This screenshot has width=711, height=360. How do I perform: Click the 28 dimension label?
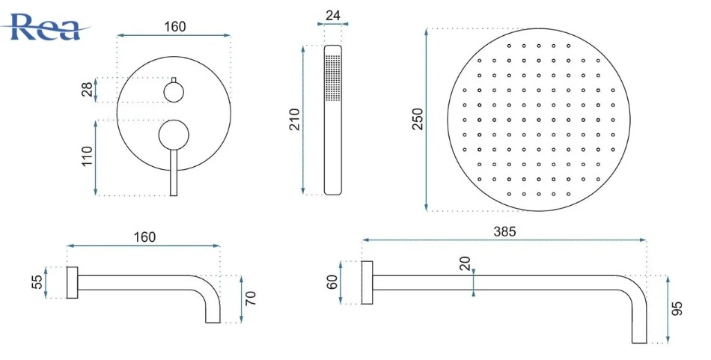coord(88,89)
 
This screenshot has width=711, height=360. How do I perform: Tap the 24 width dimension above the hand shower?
coord(333,16)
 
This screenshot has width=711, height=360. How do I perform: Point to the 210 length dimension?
coord(295,119)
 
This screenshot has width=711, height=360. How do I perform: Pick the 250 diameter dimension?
coord(418,119)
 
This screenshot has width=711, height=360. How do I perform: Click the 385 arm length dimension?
coord(504,232)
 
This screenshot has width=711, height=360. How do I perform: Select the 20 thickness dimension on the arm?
coord(466,263)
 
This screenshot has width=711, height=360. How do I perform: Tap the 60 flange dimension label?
coord(332,282)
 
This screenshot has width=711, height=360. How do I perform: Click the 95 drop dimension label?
coord(677,309)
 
